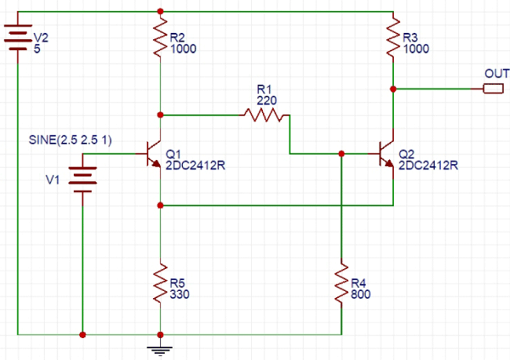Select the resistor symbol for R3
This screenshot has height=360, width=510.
(392, 43)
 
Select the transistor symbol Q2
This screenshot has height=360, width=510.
(386, 155)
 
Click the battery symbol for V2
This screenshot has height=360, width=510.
(16, 38)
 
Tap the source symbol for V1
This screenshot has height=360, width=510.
(82, 176)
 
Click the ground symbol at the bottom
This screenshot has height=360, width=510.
(160, 346)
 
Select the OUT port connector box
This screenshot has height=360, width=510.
(493, 89)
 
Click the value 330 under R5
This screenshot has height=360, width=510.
(180, 295)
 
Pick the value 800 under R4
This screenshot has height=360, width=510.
(361, 295)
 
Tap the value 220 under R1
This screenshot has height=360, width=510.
(267, 100)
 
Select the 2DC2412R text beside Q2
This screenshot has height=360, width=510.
(428, 165)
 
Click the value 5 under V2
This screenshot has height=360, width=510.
(35, 49)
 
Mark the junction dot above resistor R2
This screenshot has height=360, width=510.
(160, 12)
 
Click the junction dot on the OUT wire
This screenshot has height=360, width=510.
(392, 89)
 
